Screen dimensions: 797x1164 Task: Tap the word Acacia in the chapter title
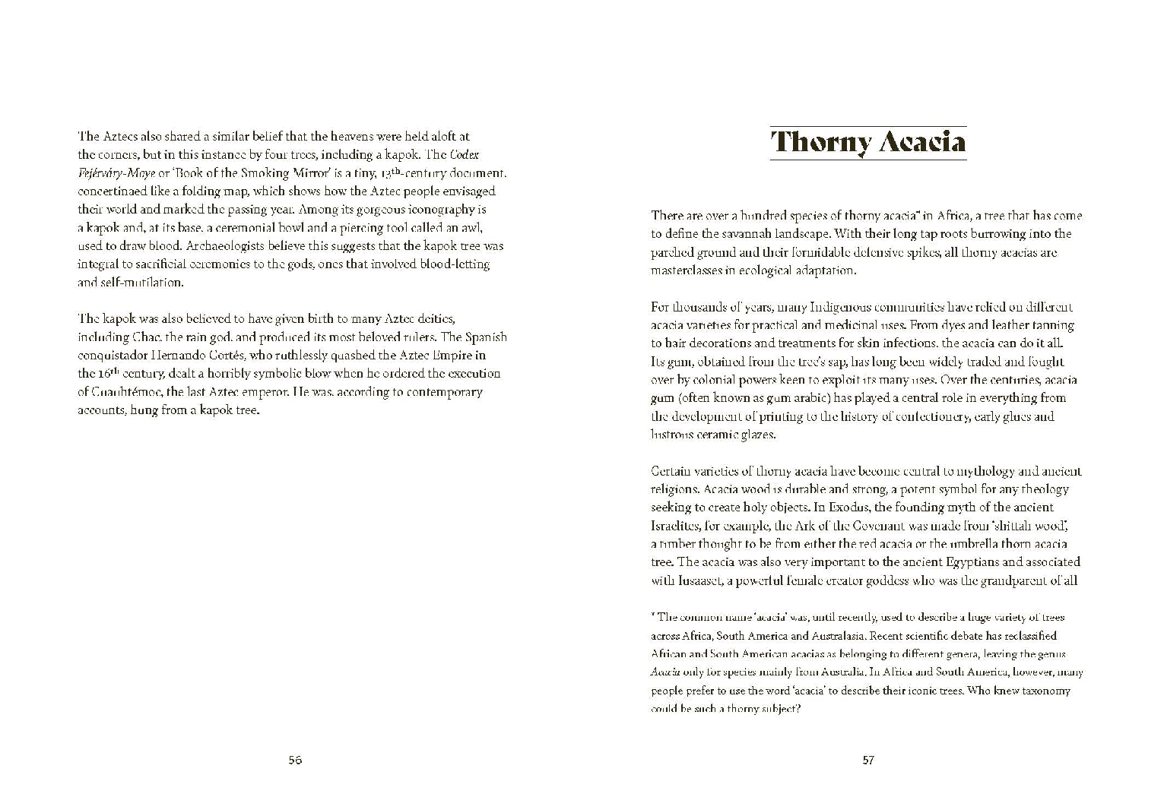tap(922, 142)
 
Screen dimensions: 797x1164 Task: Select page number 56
tap(295, 760)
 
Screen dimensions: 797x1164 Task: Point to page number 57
tap(868, 760)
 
